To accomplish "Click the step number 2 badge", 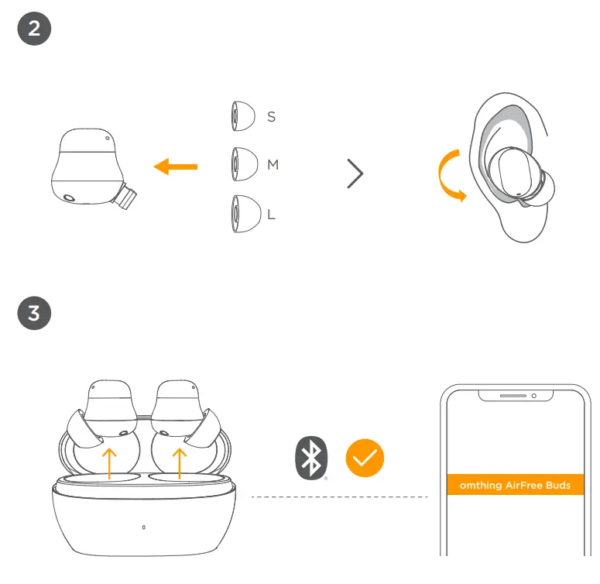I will (34, 29).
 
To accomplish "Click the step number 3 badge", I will (34, 314).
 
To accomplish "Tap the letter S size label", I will (271, 117).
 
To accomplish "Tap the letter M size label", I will (273, 165).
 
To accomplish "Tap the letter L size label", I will (271, 215).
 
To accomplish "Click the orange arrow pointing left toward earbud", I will (176, 166).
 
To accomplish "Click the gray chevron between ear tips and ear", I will (355, 173).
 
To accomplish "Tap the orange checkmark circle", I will (365, 458).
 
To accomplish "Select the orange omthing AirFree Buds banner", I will (515, 485).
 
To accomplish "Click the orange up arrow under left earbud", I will (110, 463).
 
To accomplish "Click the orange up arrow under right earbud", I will (180, 463).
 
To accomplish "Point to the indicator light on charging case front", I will (145, 528).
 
